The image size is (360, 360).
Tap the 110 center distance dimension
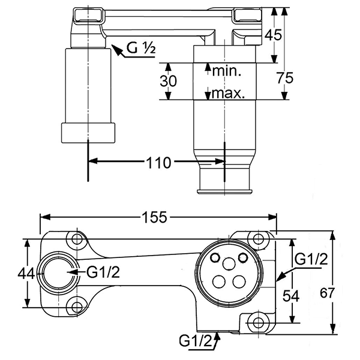[x=157, y=162]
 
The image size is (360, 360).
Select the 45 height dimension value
[x=274, y=35]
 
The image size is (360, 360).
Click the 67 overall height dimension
[x=342, y=292]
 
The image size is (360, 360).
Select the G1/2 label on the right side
[x=310, y=259]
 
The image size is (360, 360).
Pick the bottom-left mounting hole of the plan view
[x=76, y=307]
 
